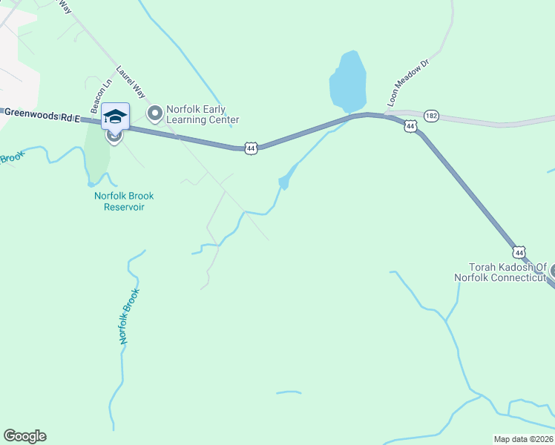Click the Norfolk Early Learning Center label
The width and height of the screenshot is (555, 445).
pos(202,113)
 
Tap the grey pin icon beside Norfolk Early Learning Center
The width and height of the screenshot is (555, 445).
pos(154,113)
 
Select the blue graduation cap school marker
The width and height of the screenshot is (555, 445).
pos(115,116)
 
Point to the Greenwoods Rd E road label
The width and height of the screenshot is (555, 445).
pos(40,113)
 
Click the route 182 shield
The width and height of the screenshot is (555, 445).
pos(431,116)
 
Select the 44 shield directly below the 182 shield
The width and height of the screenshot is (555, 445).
pos(410,127)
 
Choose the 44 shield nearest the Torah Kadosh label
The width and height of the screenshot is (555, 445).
pos(519,253)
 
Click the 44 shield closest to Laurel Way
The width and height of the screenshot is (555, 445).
pos(251,148)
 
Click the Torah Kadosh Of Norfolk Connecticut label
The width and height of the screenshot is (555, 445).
pos(507,272)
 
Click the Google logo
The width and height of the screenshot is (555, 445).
pos(24,436)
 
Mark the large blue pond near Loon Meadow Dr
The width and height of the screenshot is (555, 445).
pos(347,79)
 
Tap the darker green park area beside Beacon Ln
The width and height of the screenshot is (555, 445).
pos(96,152)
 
